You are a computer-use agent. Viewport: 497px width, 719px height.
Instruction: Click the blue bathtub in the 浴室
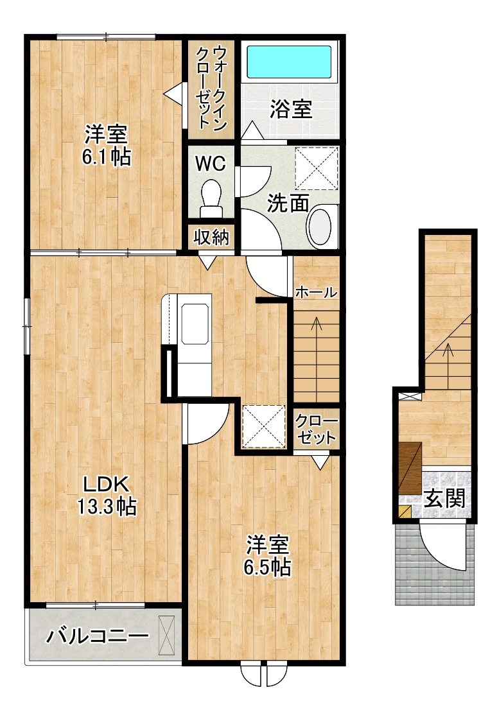pos(290,62)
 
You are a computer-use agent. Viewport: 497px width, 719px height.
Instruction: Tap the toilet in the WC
pos(211,198)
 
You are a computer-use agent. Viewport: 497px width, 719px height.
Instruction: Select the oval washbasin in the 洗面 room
pos(320,225)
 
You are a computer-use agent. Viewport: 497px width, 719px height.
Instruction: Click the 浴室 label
pos(291,109)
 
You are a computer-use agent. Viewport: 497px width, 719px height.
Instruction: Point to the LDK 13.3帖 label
pos(106,494)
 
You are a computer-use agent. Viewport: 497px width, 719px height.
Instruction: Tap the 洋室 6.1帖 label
pos(107,145)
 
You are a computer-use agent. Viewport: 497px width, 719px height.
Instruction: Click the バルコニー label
pos(98,636)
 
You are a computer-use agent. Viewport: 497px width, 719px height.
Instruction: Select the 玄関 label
pos(444,498)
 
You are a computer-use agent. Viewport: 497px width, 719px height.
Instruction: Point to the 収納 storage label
pos(211,237)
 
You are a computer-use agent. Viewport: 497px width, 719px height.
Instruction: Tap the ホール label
pos(316,292)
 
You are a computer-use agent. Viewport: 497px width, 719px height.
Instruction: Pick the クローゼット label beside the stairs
pos(316,429)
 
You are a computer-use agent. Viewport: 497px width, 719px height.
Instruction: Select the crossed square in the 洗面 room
pos(317,168)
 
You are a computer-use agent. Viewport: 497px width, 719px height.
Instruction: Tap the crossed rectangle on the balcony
pos(167,636)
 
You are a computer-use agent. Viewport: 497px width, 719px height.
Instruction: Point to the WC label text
pos(211,163)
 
